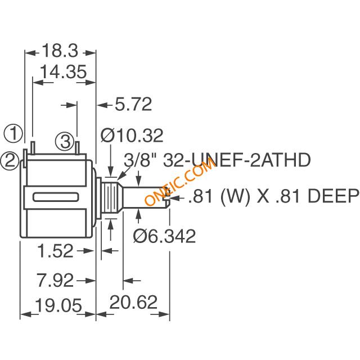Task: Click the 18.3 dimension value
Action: pos(60,51)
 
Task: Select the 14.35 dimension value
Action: pos(64,71)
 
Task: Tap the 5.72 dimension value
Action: pos(133,104)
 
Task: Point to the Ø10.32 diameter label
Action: pos(132,136)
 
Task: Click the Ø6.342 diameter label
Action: pos(164,236)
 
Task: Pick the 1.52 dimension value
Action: pos(55,251)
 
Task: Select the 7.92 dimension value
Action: pos(55,280)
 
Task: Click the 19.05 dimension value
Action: pos(58,305)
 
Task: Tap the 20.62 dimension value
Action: pos(134,302)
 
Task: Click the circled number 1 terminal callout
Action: pos(13,133)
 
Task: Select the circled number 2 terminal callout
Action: pos(10,161)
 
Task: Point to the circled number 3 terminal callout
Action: pos(65,141)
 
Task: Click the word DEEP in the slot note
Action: pos(333,196)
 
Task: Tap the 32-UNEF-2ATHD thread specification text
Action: pos(237,160)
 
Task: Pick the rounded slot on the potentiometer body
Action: pos(56,197)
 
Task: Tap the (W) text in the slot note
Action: pos(235,196)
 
